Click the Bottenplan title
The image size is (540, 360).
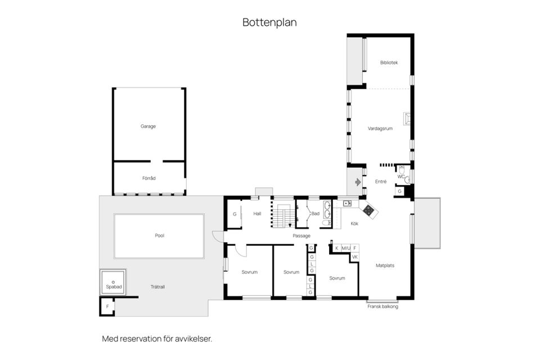click(x=269, y=22)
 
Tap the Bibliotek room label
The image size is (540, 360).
click(x=389, y=62)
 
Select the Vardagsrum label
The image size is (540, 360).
click(x=379, y=127)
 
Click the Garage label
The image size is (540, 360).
click(x=148, y=126)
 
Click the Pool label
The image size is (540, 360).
click(x=159, y=235)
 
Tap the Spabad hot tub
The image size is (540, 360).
click(x=114, y=282)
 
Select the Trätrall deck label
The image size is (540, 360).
click(x=157, y=286)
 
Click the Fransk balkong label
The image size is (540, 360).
click(x=382, y=306)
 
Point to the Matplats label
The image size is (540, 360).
click(x=385, y=265)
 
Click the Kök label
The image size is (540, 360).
click(x=354, y=223)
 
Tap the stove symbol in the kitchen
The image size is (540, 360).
click(x=368, y=210)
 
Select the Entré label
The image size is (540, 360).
click(x=381, y=181)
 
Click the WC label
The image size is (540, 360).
click(x=401, y=177)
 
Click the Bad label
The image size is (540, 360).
click(x=315, y=214)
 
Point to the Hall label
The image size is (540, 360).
click(x=257, y=213)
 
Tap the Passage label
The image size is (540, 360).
click(x=301, y=236)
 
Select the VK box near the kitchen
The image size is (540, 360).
click(x=354, y=257)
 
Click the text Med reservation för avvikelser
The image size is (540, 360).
click(x=157, y=339)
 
